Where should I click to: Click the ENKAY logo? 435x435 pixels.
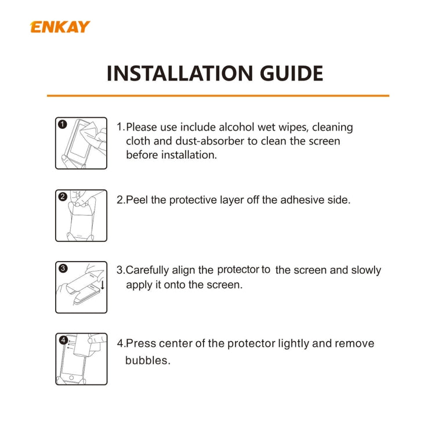pyautogui.click(x=60, y=27)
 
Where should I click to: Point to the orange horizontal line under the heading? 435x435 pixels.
pyautogui.click(x=217, y=95)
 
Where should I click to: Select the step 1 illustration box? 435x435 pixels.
pyautogui.click(x=81, y=143)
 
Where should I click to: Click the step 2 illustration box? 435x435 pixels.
pyautogui.click(x=81, y=215)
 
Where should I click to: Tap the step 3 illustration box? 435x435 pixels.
pyautogui.click(x=81, y=287)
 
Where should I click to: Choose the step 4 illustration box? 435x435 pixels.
pyautogui.click(x=81, y=359)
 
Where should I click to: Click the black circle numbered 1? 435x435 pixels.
pyautogui.click(x=63, y=124)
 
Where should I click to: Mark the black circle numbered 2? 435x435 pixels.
pyautogui.click(x=63, y=196)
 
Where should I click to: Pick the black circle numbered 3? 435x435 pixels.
pyautogui.click(x=63, y=268)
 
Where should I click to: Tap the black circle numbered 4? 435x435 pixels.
pyautogui.click(x=63, y=340)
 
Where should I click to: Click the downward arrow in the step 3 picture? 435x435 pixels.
pyautogui.click(x=102, y=285)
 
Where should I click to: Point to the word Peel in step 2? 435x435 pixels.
pyautogui.click(x=137, y=200)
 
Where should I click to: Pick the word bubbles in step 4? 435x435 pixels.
pyautogui.click(x=148, y=360)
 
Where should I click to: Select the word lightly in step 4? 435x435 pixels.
pyautogui.click(x=293, y=343)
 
